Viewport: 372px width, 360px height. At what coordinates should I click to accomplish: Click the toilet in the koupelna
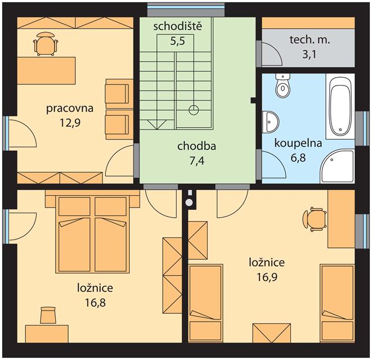(283, 85)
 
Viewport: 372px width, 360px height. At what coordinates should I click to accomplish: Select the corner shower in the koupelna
(337, 166)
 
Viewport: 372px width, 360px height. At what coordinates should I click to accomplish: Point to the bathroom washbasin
(271, 122)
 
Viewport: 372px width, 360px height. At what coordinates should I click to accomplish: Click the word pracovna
(70, 109)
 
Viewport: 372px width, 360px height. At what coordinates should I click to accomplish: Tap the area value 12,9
(70, 123)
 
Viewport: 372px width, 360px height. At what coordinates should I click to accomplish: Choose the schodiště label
(178, 26)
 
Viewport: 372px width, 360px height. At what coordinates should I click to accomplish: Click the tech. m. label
(310, 40)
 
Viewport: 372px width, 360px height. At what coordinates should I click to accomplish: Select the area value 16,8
(95, 303)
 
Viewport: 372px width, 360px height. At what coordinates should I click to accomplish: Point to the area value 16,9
(267, 277)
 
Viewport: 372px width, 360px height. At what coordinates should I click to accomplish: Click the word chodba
(196, 146)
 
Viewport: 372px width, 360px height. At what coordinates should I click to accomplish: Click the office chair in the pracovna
(46, 44)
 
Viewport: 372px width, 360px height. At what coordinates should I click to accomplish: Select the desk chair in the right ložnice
(315, 219)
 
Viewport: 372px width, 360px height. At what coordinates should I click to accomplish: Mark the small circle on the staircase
(194, 110)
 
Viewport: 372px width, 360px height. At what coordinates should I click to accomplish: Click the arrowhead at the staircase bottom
(156, 124)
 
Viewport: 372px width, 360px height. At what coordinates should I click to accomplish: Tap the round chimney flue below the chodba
(189, 202)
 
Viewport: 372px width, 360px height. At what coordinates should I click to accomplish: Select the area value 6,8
(298, 158)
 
